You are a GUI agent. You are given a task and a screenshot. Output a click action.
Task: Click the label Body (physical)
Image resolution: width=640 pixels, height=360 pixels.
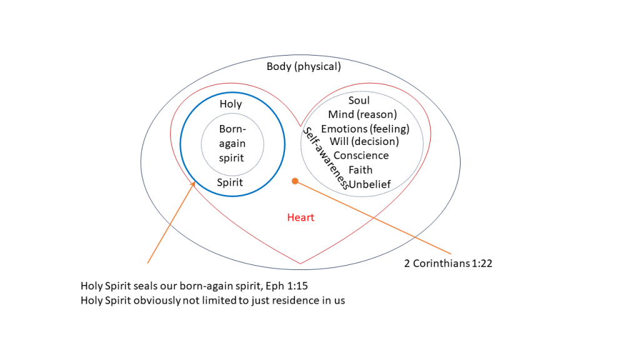pos(304,67)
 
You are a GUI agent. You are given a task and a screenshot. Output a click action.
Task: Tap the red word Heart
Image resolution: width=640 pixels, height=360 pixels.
pos(301,217)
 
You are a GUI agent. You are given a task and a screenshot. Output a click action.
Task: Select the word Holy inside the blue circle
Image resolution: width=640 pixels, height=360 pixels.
pos(231,104)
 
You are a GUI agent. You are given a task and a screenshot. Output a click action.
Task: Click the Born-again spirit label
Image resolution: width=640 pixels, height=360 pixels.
pos(232,144)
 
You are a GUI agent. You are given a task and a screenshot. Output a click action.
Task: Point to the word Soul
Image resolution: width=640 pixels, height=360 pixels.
pos(359,100)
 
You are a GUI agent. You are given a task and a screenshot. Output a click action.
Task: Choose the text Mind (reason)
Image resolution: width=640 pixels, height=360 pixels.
pos(362,114)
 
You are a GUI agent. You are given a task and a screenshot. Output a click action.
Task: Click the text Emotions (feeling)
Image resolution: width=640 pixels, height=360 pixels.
pos(365,129)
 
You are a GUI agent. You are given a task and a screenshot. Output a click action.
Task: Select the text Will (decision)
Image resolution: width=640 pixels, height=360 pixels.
pos(364,141)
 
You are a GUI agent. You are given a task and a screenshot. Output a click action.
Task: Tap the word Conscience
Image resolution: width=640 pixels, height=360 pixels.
pos(361,156)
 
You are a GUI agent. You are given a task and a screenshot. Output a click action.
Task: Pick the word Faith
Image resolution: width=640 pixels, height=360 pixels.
pos(361,169)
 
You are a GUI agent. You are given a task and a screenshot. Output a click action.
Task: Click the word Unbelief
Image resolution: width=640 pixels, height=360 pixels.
pos(370,184)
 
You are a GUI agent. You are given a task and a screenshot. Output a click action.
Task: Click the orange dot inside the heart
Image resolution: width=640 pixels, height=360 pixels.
pos(295,181)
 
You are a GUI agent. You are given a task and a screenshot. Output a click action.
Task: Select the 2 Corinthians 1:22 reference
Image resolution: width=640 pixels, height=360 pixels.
pos(448,263)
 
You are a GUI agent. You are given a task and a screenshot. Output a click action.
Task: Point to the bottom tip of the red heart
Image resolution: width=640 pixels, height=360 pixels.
pos(300,263)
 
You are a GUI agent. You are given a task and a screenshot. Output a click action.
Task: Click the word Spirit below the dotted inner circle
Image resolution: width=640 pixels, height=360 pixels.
pos(230,183)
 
